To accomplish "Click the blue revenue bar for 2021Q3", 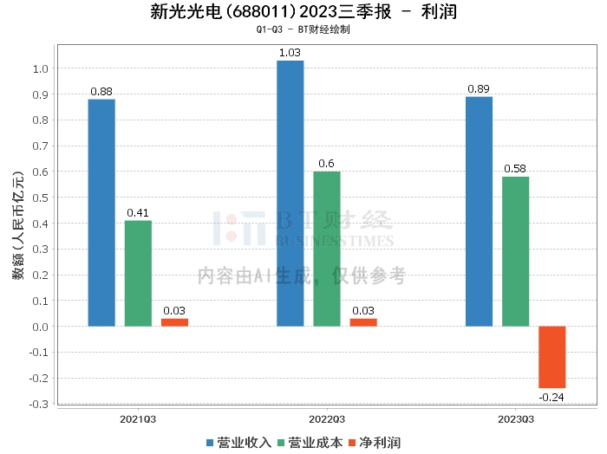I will click(101, 212).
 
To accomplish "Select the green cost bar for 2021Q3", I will click(138, 273).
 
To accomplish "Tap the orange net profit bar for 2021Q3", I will click(174, 322).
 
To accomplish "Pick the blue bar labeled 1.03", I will click(290, 193).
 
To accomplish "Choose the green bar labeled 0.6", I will click(327, 249).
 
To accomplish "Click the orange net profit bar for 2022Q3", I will click(363, 322).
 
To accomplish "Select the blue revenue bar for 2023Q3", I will click(479, 211).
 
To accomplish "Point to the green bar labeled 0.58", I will click(515, 251).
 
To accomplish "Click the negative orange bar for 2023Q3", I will click(552, 357).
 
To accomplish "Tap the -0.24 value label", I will click(552, 397).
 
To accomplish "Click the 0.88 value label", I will click(101, 91).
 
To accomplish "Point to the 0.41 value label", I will click(138, 212).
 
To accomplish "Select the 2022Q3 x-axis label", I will click(327, 418).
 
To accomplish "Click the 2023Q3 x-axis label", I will click(515, 418).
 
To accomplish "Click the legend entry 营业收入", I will click(238, 443).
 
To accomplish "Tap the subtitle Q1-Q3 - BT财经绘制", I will click(303, 29).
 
